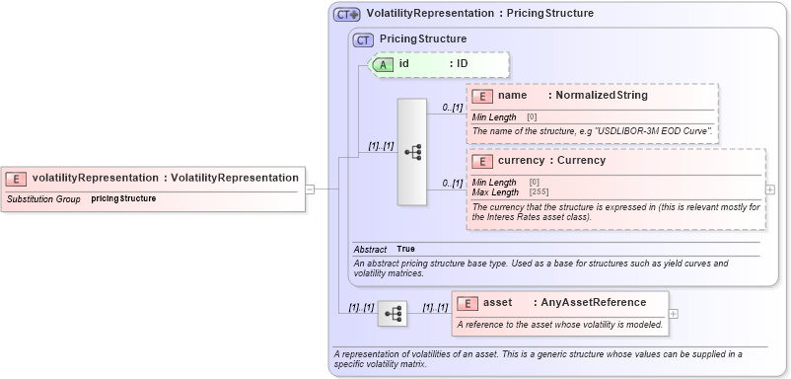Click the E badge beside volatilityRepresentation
click(16, 178)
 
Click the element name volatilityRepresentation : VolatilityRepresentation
click(165, 178)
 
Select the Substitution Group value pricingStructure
click(123, 198)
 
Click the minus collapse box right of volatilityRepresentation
click(309, 188)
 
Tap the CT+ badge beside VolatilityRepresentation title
click(346, 15)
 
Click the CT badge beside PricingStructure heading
click(365, 39)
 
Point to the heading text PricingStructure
click(423, 39)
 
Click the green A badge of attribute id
click(383, 64)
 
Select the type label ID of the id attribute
click(461, 64)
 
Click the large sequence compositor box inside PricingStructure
click(412, 151)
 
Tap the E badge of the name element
click(482, 96)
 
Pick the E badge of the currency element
click(482, 161)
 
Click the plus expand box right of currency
click(770, 189)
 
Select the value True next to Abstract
click(405, 249)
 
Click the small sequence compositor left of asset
click(392, 314)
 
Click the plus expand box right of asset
click(674, 313)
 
